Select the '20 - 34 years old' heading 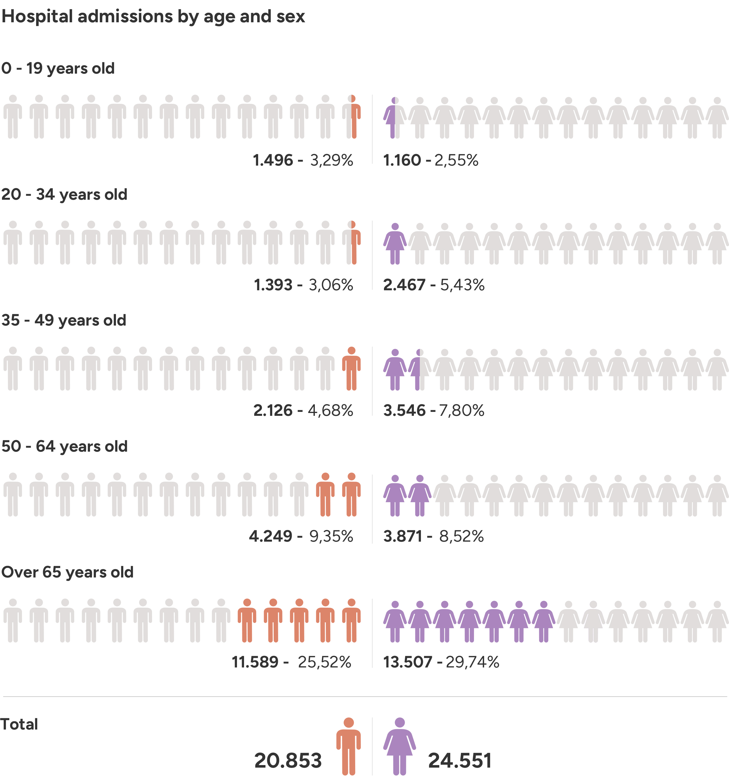click(x=64, y=194)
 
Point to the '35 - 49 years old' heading click(x=64, y=320)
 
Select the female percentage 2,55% click(x=456, y=160)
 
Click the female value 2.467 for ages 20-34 click(x=404, y=285)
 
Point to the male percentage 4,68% click(x=330, y=410)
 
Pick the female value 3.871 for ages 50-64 click(x=403, y=536)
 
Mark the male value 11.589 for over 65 click(x=255, y=662)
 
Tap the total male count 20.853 click(x=288, y=760)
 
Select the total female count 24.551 click(x=460, y=760)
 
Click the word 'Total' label click(x=19, y=724)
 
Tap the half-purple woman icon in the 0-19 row click(x=395, y=118)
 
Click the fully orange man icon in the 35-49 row click(x=351, y=369)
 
